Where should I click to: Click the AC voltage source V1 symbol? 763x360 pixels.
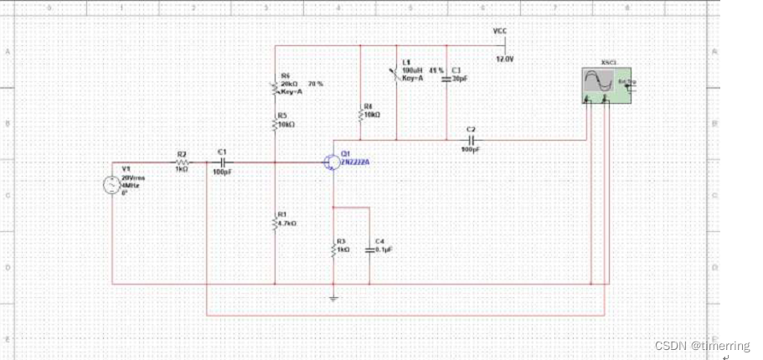[x=112, y=187]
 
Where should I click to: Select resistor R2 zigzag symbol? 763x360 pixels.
[x=182, y=162]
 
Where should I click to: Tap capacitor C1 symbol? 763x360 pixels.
[x=222, y=162]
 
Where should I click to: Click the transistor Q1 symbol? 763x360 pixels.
[x=332, y=162]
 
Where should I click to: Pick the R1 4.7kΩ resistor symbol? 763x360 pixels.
[x=275, y=222]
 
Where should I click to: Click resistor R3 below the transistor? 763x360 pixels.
[x=333, y=248]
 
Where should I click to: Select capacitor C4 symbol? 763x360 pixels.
[x=369, y=249]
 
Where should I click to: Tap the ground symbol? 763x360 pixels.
[x=333, y=297]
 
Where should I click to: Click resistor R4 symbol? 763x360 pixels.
[x=359, y=111]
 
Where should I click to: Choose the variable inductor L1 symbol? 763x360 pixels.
[x=395, y=75]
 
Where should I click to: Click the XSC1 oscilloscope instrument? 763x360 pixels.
[x=605, y=85]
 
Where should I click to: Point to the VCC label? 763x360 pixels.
[x=500, y=31]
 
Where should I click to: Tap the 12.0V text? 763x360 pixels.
[x=505, y=59]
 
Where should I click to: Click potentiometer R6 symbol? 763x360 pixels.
[x=275, y=86]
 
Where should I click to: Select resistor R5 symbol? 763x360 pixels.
[x=275, y=122]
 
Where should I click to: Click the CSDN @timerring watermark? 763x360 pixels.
[x=702, y=346]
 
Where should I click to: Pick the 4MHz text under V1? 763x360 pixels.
[x=130, y=185]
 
